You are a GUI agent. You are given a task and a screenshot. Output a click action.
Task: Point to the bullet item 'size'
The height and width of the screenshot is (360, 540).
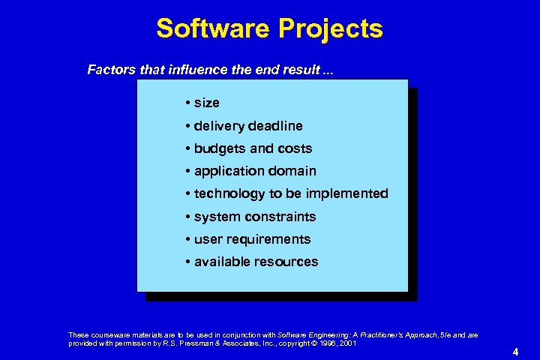206,103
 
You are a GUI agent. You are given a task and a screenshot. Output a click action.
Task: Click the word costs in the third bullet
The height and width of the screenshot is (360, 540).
292,148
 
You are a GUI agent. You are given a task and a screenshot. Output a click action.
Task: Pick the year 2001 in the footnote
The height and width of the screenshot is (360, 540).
347,343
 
